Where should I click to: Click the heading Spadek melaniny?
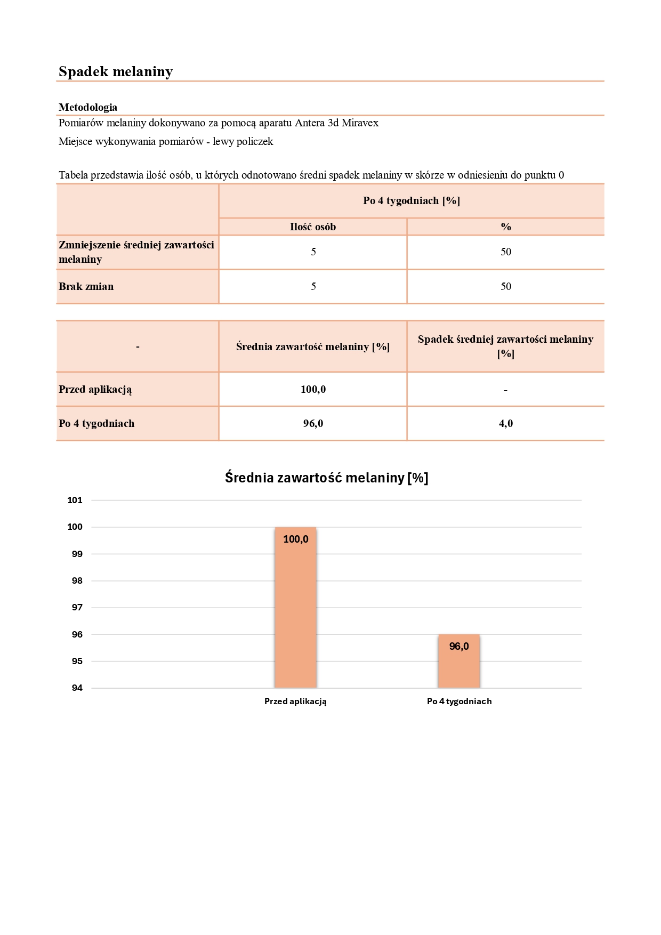point(116,71)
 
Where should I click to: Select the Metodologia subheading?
point(88,107)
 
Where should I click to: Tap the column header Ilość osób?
point(313,227)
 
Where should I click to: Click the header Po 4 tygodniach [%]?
point(411,201)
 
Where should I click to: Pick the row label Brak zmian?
point(86,287)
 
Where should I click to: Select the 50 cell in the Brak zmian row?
point(505,287)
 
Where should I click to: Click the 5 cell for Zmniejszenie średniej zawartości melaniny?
point(313,252)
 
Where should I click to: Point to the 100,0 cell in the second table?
point(313,390)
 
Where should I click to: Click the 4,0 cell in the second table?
point(505,424)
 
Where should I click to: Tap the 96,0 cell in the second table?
point(313,424)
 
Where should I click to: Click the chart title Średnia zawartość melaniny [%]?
point(326,478)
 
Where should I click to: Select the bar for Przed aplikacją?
point(295,613)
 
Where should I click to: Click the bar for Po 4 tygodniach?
point(459,666)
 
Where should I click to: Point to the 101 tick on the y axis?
point(75,500)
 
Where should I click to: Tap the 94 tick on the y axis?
point(77,688)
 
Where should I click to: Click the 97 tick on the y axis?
point(77,607)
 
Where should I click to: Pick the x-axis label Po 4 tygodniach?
point(459,702)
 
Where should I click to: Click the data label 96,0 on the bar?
point(459,647)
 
